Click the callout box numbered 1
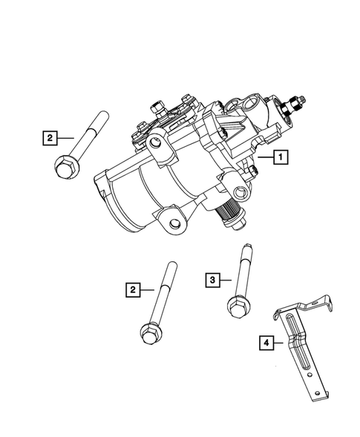click(281, 157)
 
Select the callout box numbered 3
click(212, 280)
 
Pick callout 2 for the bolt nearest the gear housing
click(50, 137)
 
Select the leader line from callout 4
click(280, 343)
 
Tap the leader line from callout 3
click(226, 280)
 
